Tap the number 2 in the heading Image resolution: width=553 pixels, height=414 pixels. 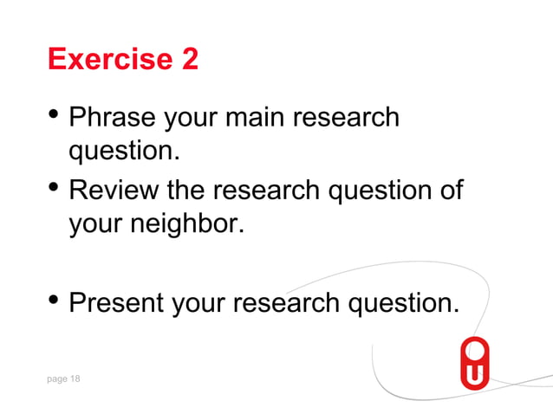(189, 60)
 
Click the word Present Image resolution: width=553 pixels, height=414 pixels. (116, 303)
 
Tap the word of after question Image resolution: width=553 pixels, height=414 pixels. (447, 189)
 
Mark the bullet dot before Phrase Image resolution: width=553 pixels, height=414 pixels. (55, 113)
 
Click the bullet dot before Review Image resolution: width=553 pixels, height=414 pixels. (55, 185)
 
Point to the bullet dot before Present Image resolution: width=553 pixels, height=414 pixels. (55, 300)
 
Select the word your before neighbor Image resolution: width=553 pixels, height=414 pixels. (97, 225)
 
